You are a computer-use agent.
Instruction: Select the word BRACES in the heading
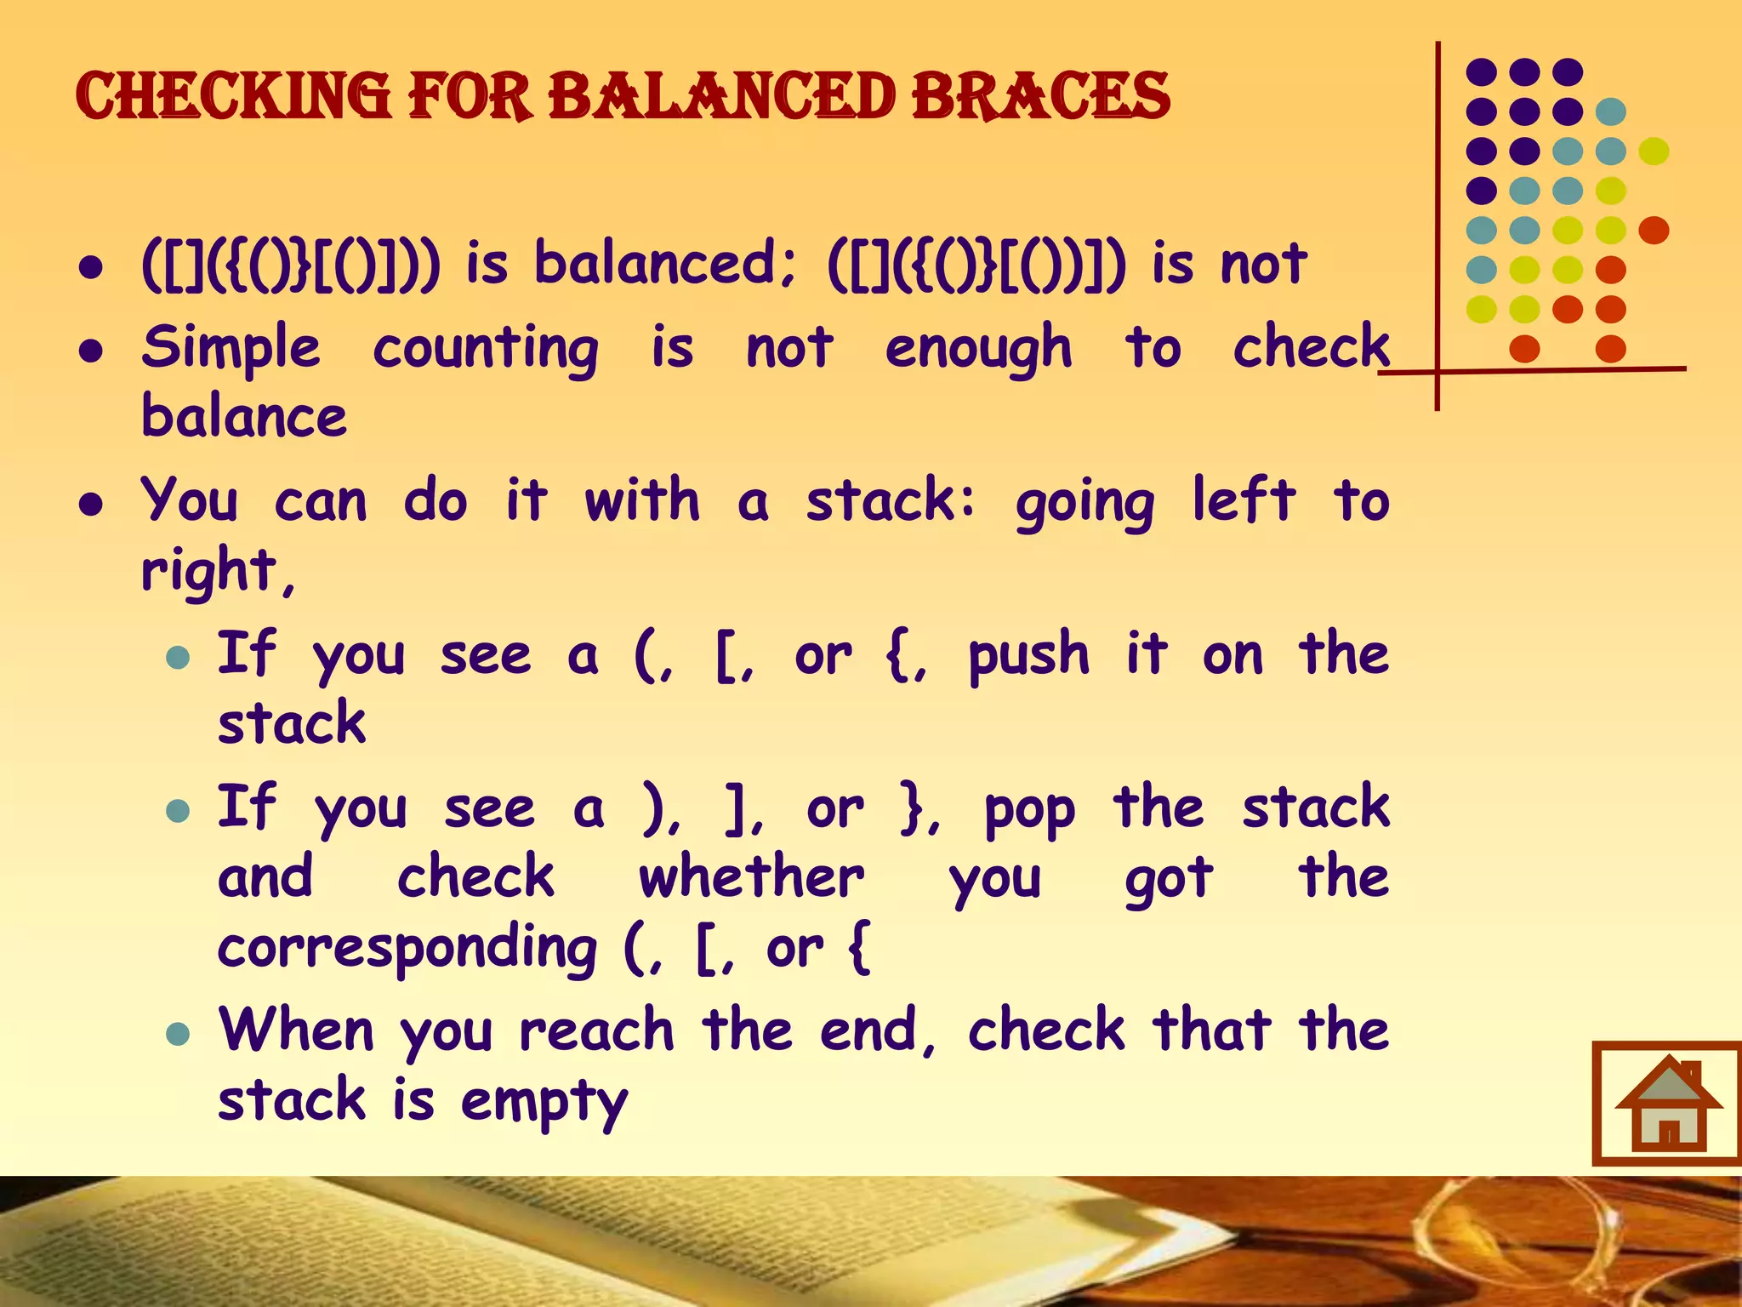pos(1041,95)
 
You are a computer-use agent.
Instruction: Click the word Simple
pos(231,349)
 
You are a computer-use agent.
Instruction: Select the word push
pos(1028,657)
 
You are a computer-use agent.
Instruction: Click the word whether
pos(752,878)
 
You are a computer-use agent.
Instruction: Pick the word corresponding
pos(407,950)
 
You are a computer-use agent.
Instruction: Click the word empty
pos(544,1103)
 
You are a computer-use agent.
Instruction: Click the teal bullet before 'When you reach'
pos(178,1034)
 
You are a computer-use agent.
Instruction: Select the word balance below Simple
pos(245,417)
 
